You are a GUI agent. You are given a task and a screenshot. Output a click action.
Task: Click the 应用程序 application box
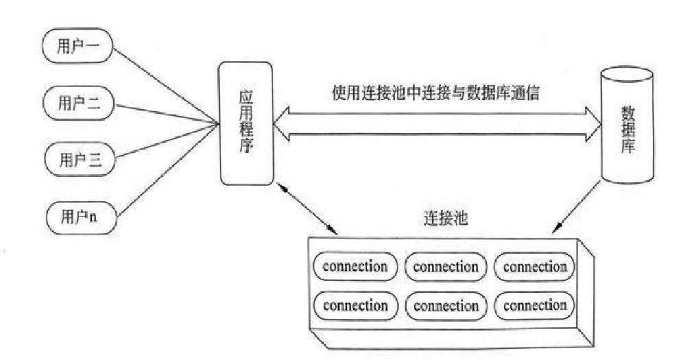245,123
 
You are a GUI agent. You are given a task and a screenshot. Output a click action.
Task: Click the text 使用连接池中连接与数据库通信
435,93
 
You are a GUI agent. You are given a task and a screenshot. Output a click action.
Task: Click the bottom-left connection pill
355,304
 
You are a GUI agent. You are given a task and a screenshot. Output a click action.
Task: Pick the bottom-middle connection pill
446,305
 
